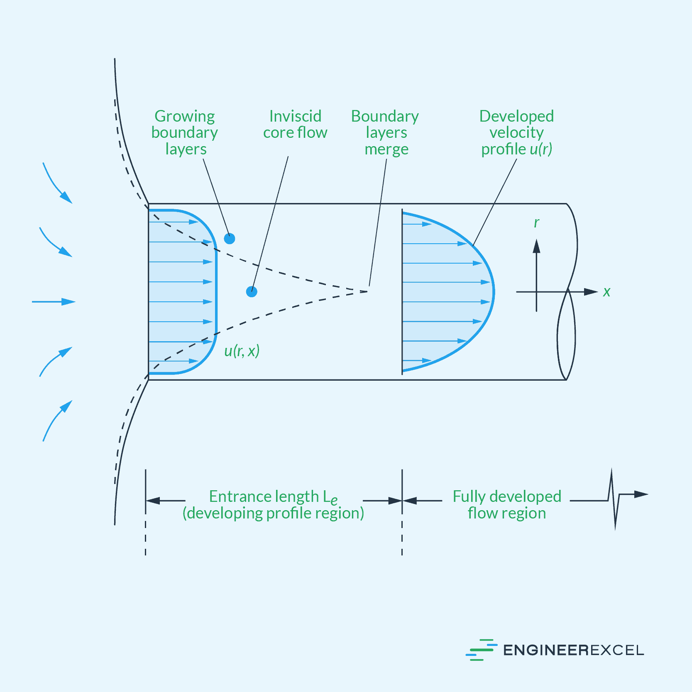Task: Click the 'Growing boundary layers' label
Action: [x=185, y=132]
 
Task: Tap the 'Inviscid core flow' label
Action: [x=295, y=125]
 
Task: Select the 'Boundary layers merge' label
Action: [x=385, y=132]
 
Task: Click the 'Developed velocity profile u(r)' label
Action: [x=516, y=132]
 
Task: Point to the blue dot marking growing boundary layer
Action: [x=230, y=239]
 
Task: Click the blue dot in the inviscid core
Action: [x=252, y=292]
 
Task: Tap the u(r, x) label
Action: [x=242, y=351]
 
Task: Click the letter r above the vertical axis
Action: [x=536, y=223]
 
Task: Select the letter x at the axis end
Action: [x=606, y=292]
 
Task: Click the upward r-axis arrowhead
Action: [x=536, y=246]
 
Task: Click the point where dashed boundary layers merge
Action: [x=367, y=291]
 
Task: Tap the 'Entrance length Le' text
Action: [x=273, y=497]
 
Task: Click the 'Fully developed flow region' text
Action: [x=506, y=504]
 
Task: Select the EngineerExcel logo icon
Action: [x=481, y=650]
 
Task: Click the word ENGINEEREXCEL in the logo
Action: [x=573, y=650]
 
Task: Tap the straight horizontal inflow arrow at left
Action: [x=54, y=302]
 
